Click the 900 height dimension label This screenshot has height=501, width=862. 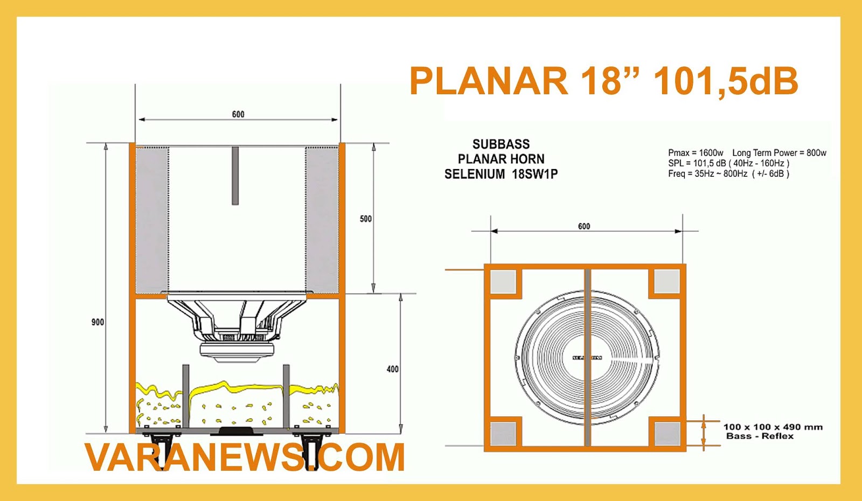[x=98, y=322]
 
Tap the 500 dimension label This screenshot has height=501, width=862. [x=366, y=219]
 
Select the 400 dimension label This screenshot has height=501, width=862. [x=393, y=369]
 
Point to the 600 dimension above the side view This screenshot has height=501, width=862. [x=238, y=114]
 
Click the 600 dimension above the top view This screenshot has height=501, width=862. [x=584, y=226]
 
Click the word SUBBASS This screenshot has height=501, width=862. [x=501, y=144]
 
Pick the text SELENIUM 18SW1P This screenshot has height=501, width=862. [x=501, y=174]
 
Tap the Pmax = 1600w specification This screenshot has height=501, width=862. [x=696, y=153]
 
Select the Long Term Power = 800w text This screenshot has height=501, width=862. [x=779, y=153]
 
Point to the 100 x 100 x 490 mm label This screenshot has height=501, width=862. [x=773, y=427]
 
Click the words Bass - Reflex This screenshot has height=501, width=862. [x=760, y=436]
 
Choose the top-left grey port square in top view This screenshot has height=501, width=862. [x=503, y=281]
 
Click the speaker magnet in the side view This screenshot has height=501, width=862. [x=236, y=351]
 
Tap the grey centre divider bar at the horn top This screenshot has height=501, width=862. [x=235, y=176]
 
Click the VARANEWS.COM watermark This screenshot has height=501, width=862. [x=245, y=457]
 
